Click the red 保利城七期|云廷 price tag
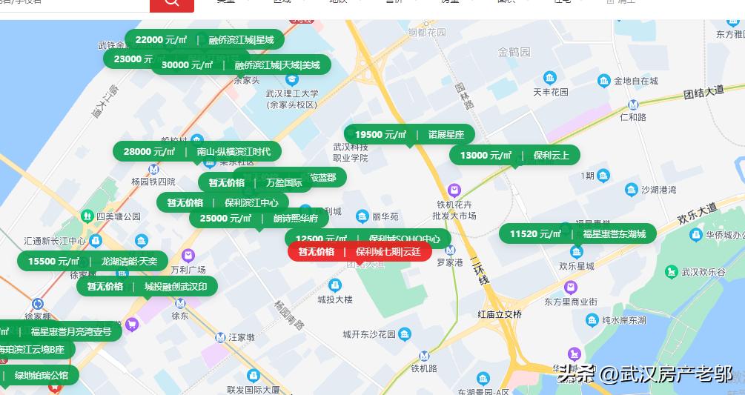pyautogui.click(x=360, y=252)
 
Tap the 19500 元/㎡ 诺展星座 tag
pyautogui.click(x=409, y=135)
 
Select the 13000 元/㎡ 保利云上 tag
pyautogui.click(x=514, y=156)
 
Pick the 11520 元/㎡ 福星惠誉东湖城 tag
pyautogui.click(x=577, y=234)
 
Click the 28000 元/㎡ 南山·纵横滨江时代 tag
pyautogui.click(x=196, y=152)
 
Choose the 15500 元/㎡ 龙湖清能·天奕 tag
pyautogui.click(x=93, y=261)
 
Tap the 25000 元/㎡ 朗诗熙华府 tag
pyautogui.click(x=259, y=219)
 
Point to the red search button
pyautogui.click(x=171, y=4)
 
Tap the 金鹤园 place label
pyautogui.click(x=514, y=53)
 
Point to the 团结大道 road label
pyautogui.click(x=703, y=93)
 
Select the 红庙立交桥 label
pyautogui.click(x=500, y=314)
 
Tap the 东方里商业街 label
pyautogui.click(x=570, y=302)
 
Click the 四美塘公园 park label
pyautogui.click(x=118, y=216)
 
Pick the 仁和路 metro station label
pyautogui.click(x=632, y=117)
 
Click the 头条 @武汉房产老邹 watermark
pyautogui.click(x=645, y=374)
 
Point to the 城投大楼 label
pyautogui.click(x=335, y=299)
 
